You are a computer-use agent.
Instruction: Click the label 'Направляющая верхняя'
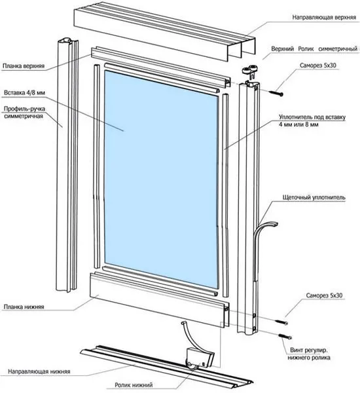tap(324, 17)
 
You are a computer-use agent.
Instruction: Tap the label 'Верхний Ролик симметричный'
tap(314, 49)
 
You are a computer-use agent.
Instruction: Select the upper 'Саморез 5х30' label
tap(318, 65)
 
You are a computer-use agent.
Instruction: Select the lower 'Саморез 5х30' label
tap(324, 295)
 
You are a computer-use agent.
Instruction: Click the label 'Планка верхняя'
tap(24, 66)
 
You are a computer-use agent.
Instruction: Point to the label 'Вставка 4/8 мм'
tap(25, 93)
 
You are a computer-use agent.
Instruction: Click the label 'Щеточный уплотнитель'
tap(314, 198)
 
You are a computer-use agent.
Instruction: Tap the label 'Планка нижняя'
tap(24, 307)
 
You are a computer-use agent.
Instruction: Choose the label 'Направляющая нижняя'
tap(39, 371)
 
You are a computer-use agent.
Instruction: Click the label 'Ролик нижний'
tap(134, 384)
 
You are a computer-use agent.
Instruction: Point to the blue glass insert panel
tap(162, 179)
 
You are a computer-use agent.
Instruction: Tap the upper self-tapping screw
tap(276, 93)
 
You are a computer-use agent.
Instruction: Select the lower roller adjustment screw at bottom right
tap(285, 337)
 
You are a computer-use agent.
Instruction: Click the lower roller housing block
tap(200, 358)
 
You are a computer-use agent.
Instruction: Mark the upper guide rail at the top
tap(164, 31)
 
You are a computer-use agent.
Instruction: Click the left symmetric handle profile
tap(67, 166)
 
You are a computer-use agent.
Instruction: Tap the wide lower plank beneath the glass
tap(160, 300)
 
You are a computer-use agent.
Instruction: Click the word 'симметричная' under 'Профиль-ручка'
tap(24, 116)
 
